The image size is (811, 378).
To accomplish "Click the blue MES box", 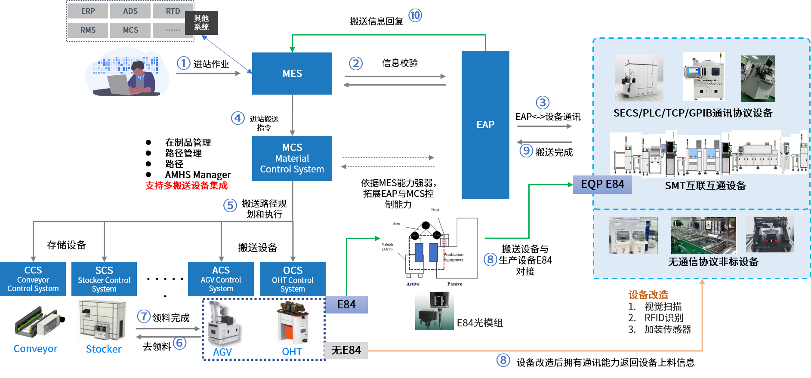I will [x=292, y=74].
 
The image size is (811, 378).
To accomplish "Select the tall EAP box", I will [x=485, y=125].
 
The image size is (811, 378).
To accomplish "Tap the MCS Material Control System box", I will [x=292, y=158].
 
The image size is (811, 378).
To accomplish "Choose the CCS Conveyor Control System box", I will [x=33, y=279].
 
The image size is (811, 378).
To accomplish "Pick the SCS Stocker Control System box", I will [x=104, y=279].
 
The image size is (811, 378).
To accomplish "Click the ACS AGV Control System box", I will [x=221, y=279].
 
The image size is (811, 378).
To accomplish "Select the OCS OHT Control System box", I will [x=293, y=279].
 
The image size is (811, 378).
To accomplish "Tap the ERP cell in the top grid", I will [x=88, y=11].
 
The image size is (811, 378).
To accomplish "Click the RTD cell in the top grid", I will [x=173, y=11].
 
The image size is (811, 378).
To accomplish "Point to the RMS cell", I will [x=88, y=30].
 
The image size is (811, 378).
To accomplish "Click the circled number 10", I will [x=415, y=15].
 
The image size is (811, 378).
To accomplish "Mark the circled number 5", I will [x=230, y=205].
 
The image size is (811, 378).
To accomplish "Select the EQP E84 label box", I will [x=602, y=184].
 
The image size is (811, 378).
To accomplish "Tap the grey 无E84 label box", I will [x=346, y=350].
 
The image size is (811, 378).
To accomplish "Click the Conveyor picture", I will [x=39, y=322].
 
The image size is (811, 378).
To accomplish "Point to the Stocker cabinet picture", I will [x=102, y=320].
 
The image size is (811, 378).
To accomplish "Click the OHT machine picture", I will [x=293, y=323].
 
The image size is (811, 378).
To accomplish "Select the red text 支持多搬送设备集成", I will [x=186, y=186].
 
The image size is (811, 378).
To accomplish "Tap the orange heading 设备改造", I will [x=648, y=295].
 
